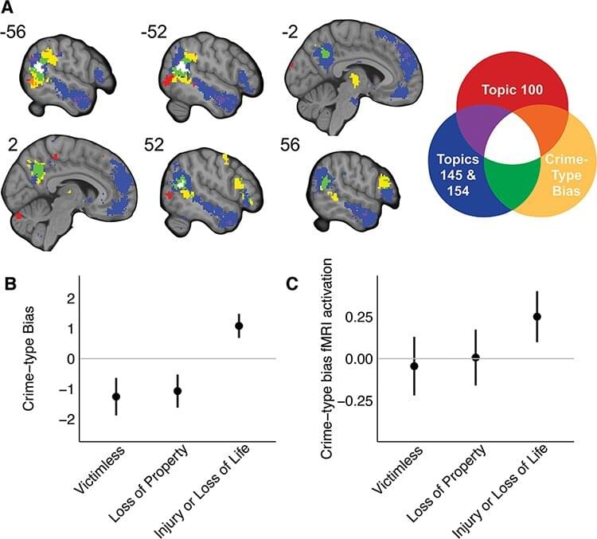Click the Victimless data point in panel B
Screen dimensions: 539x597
[116, 396]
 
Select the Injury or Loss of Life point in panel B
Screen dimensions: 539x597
[238, 326]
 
